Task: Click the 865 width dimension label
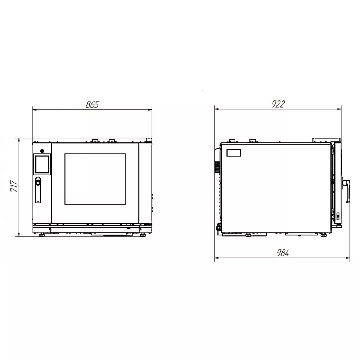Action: tap(92, 104)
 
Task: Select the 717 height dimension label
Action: tap(14, 186)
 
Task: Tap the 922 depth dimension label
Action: tap(278, 104)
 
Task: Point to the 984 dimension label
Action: tap(283, 253)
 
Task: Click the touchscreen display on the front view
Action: tap(42, 164)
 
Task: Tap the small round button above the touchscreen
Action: tap(42, 151)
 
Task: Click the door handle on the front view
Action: tap(38, 190)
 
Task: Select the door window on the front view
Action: tap(95, 179)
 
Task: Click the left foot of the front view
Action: tap(41, 235)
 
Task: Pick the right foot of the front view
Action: tap(143, 235)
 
